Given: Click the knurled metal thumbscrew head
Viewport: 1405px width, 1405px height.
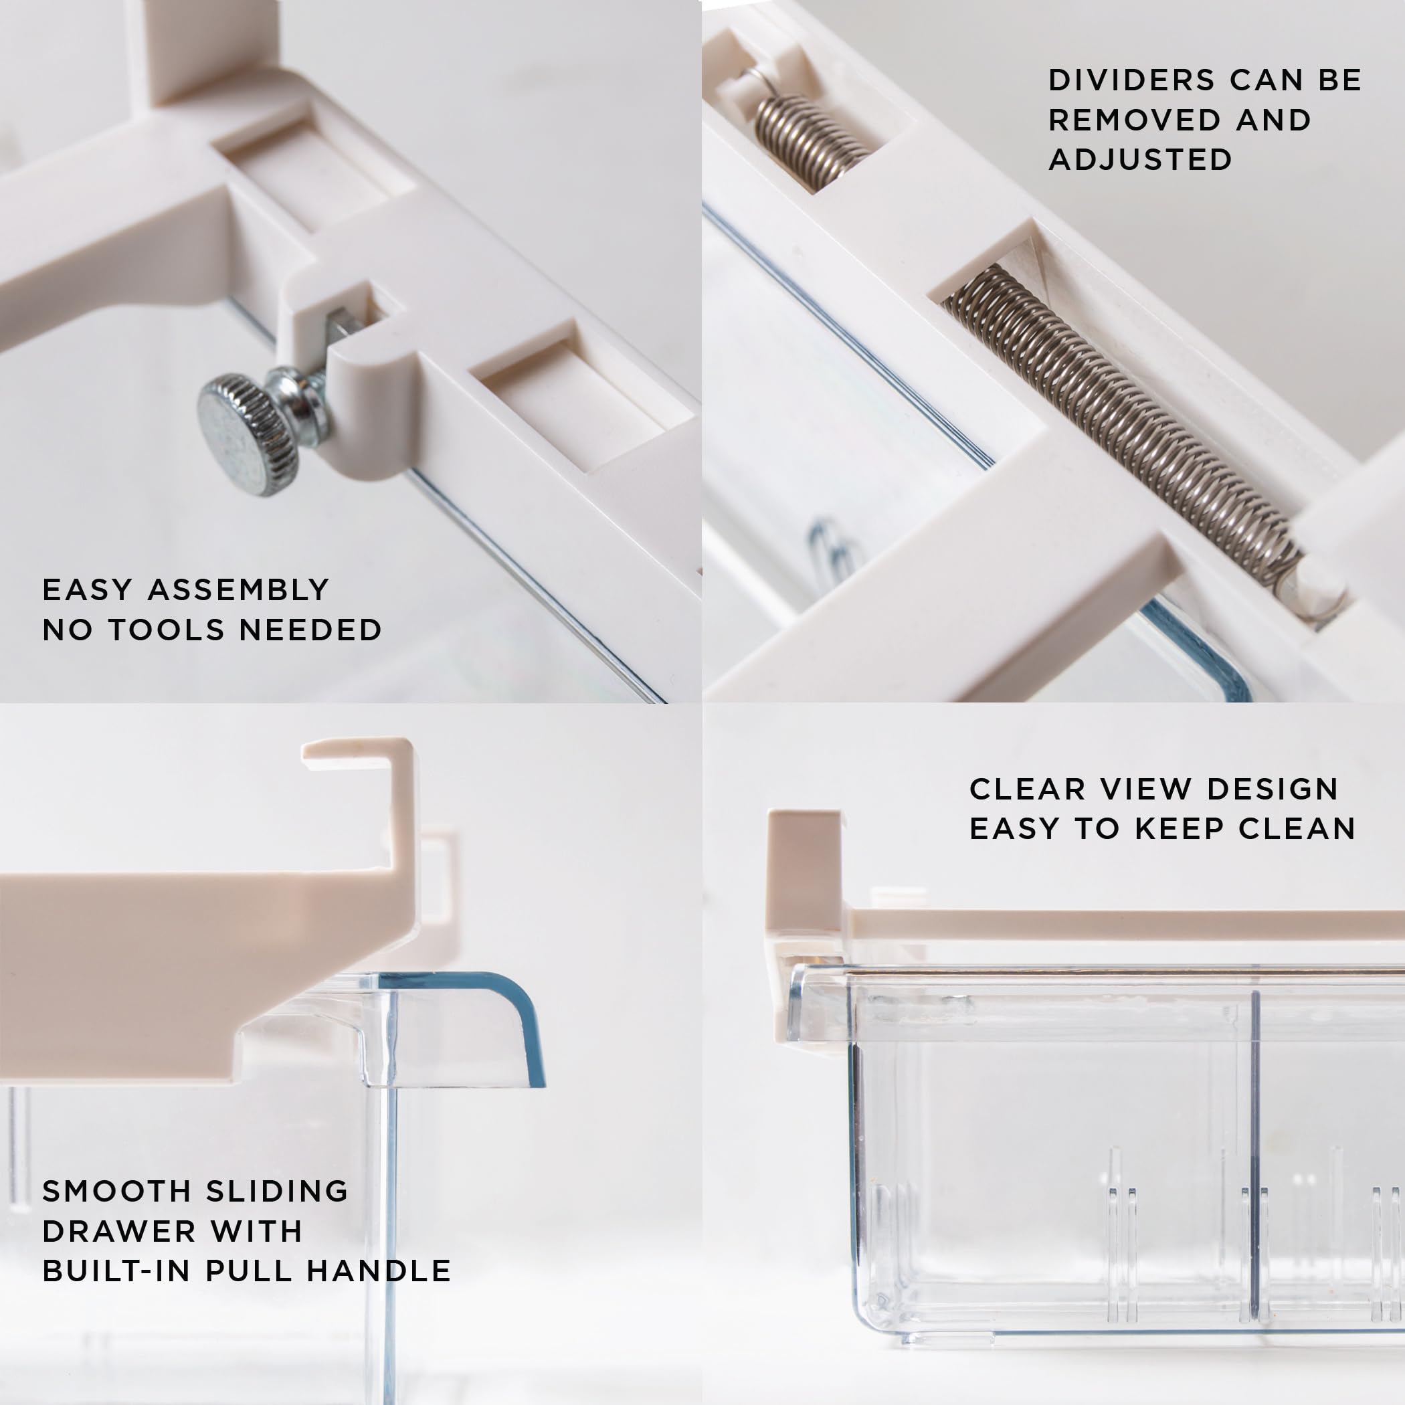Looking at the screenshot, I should pos(248,434).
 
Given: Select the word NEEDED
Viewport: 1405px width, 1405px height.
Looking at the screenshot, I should pos(310,630).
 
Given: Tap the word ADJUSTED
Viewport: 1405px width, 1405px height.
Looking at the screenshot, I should pos(1140,160).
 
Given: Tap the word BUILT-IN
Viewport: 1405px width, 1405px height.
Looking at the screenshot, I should pos(117,1271).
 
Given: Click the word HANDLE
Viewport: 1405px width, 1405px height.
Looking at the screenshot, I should pos(378,1271).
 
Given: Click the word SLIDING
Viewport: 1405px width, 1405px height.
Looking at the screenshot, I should pos(276,1191).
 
